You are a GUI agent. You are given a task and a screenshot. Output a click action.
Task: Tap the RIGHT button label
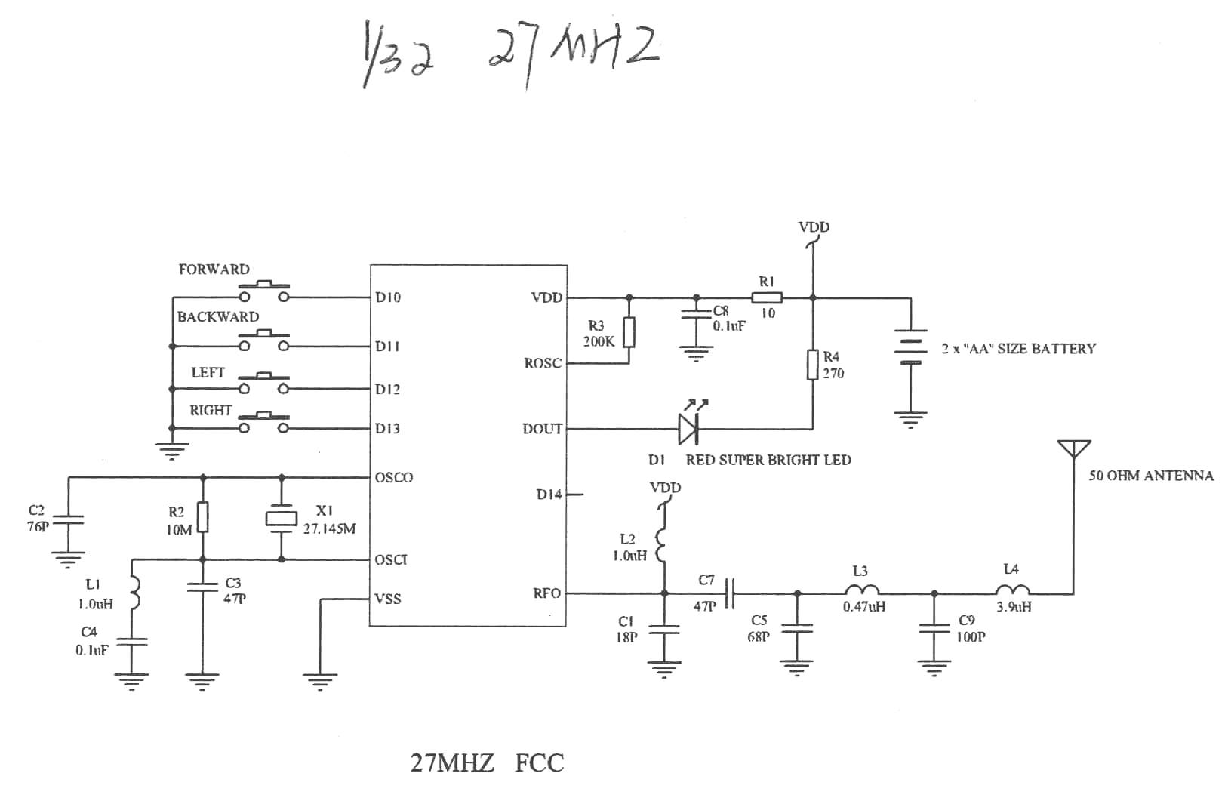click(211, 410)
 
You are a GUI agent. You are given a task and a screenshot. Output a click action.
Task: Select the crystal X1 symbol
click(282, 518)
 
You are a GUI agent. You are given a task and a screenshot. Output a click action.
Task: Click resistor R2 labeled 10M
click(202, 518)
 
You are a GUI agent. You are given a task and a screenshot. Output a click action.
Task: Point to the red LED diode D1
click(688, 428)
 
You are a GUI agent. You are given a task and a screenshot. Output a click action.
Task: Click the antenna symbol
click(1073, 450)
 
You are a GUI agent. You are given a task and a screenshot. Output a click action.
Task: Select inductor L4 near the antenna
click(1012, 591)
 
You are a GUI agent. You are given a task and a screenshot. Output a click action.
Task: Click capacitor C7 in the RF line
click(729, 593)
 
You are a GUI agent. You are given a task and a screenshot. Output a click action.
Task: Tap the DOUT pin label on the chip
click(543, 429)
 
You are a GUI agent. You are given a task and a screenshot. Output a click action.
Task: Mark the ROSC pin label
click(543, 363)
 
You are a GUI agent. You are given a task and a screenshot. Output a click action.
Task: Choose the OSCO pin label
click(394, 477)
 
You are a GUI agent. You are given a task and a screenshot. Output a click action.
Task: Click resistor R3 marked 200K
click(629, 332)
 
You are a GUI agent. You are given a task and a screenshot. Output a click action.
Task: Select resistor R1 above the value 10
click(767, 297)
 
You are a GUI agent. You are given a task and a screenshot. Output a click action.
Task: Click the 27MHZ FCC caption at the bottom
click(487, 762)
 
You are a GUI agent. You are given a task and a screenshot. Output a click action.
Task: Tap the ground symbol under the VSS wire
click(321, 681)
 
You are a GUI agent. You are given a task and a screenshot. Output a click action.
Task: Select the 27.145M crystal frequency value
click(329, 528)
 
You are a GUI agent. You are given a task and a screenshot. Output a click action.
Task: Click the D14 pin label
click(549, 494)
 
